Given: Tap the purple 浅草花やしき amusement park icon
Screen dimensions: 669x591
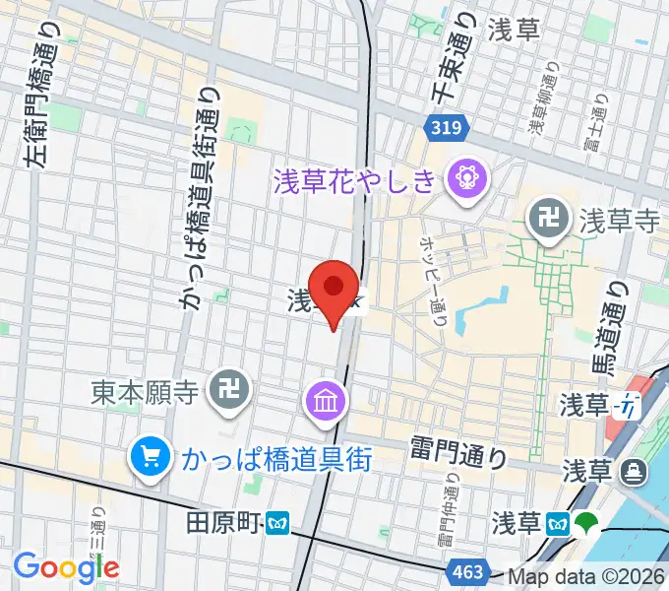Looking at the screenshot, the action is point(461,178).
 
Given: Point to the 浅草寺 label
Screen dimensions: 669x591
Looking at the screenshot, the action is point(617,221).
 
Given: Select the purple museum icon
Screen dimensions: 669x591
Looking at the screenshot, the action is point(323,400).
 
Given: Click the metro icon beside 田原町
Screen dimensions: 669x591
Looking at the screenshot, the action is point(277,521).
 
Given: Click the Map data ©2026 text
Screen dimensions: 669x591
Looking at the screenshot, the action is point(586,576).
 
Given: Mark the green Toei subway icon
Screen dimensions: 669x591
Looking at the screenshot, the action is point(586,522).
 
